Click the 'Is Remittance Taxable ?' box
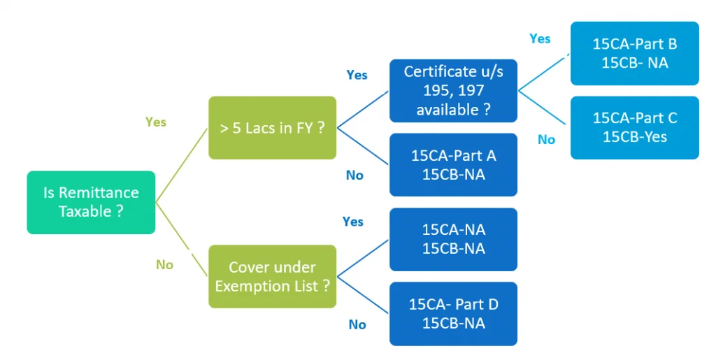click(x=91, y=202)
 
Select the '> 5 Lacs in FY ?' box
click(x=272, y=128)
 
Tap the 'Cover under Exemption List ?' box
click(x=272, y=276)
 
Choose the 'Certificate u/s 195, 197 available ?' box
click(x=453, y=91)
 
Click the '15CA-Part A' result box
click(x=453, y=164)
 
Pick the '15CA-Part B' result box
click(x=634, y=53)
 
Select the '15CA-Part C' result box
click(x=634, y=127)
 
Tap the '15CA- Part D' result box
click(x=453, y=313)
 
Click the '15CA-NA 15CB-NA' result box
click(x=453, y=239)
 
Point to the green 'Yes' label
click(x=156, y=122)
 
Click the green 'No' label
click(x=164, y=265)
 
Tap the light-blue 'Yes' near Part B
click(x=540, y=39)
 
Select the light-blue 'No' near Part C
click(x=546, y=140)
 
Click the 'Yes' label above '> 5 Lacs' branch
click(x=357, y=75)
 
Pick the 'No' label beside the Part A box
click(x=355, y=175)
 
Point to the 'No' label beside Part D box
click(x=357, y=324)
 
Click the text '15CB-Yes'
click(x=634, y=137)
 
